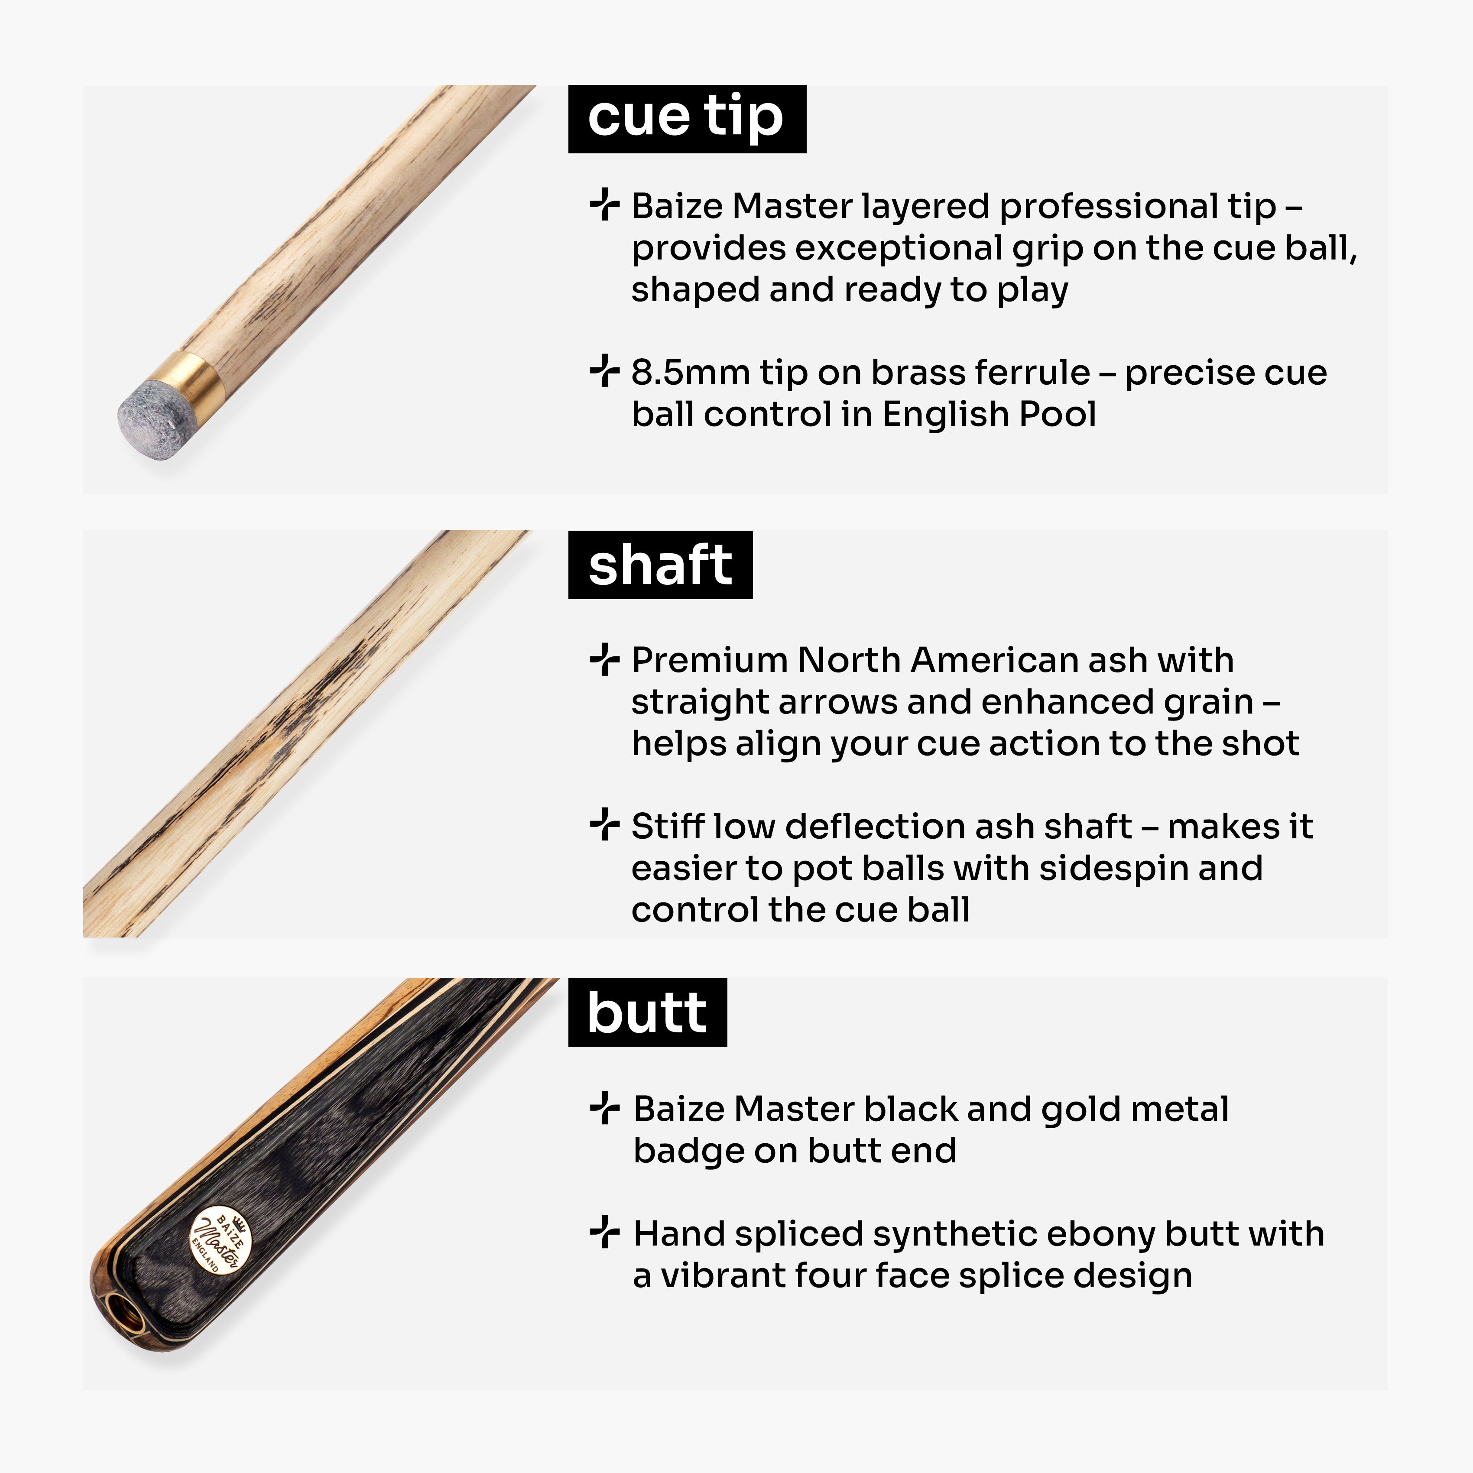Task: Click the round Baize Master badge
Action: [x=221, y=1241]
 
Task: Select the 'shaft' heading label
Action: [x=660, y=565]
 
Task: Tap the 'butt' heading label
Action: [x=647, y=1012]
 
